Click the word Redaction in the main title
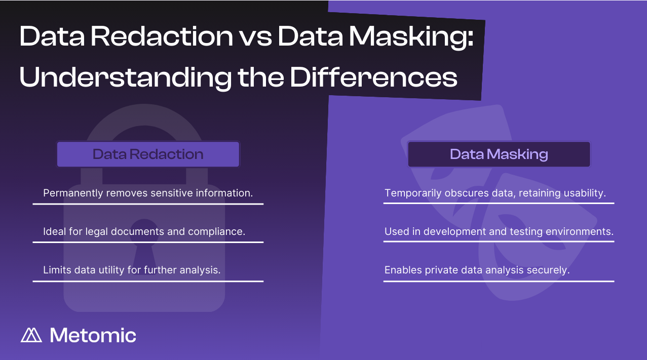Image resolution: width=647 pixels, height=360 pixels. pyautogui.click(x=162, y=36)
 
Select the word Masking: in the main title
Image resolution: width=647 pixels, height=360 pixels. pyautogui.click(x=411, y=38)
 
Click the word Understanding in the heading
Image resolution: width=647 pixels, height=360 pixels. pyautogui.click(x=125, y=78)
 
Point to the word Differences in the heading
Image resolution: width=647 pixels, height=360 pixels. pyautogui.click(x=374, y=77)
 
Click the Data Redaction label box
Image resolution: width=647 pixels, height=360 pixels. pyautogui.click(x=148, y=154)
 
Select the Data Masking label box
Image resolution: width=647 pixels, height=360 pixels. pyautogui.click(x=499, y=154)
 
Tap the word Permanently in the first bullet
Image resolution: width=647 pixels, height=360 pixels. pyautogui.click(x=73, y=193)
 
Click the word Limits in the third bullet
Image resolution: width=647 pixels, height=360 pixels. pyautogui.click(x=57, y=270)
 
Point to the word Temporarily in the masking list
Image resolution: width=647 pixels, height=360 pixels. pyautogui.click(x=413, y=193)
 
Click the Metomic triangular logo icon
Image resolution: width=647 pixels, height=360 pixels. pyautogui.click(x=31, y=335)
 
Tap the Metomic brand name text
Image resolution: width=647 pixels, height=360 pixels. pyautogui.click(x=93, y=335)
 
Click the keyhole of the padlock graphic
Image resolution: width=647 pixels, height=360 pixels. pyautogui.click(x=144, y=246)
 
